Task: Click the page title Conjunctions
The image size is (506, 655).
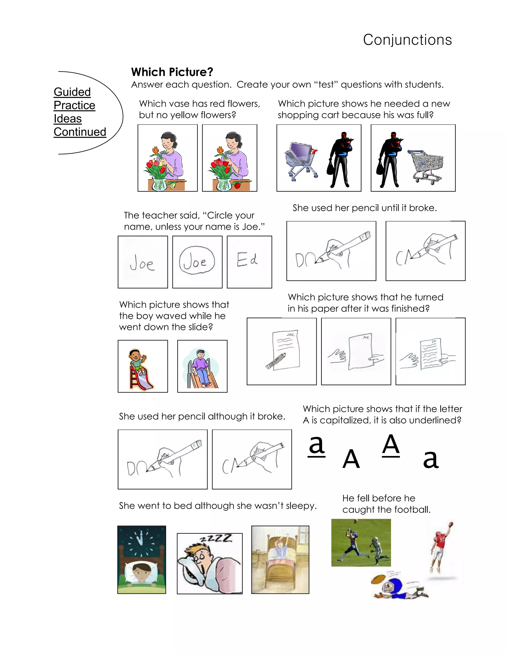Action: (x=407, y=40)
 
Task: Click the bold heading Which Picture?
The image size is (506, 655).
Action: (x=172, y=72)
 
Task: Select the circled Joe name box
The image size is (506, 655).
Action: (x=197, y=261)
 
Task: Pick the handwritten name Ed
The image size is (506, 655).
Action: (x=247, y=260)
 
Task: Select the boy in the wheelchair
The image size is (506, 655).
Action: (x=201, y=368)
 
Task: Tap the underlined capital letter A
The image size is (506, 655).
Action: (x=391, y=445)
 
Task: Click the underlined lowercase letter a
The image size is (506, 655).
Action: (x=316, y=446)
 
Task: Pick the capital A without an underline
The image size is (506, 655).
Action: (x=351, y=459)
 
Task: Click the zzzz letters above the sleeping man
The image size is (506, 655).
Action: (x=216, y=539)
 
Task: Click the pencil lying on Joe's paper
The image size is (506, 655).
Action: (x=276, y=361)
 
